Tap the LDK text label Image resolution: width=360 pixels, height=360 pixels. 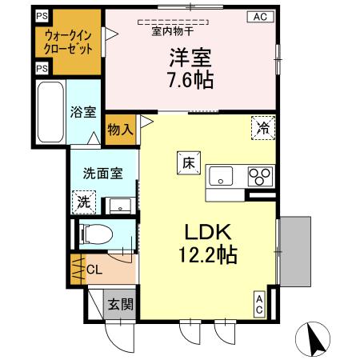208,233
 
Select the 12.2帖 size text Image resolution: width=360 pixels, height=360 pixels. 208,255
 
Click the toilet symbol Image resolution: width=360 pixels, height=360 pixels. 98,234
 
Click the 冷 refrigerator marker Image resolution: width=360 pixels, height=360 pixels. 262,126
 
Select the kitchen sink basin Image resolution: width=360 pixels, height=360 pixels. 221,174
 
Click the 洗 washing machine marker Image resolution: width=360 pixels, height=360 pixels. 84,202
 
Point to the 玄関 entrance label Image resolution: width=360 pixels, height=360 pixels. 122,305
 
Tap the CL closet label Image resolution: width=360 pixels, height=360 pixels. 94,270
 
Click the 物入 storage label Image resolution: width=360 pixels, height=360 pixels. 120,130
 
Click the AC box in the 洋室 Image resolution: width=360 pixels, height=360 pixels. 260,16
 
